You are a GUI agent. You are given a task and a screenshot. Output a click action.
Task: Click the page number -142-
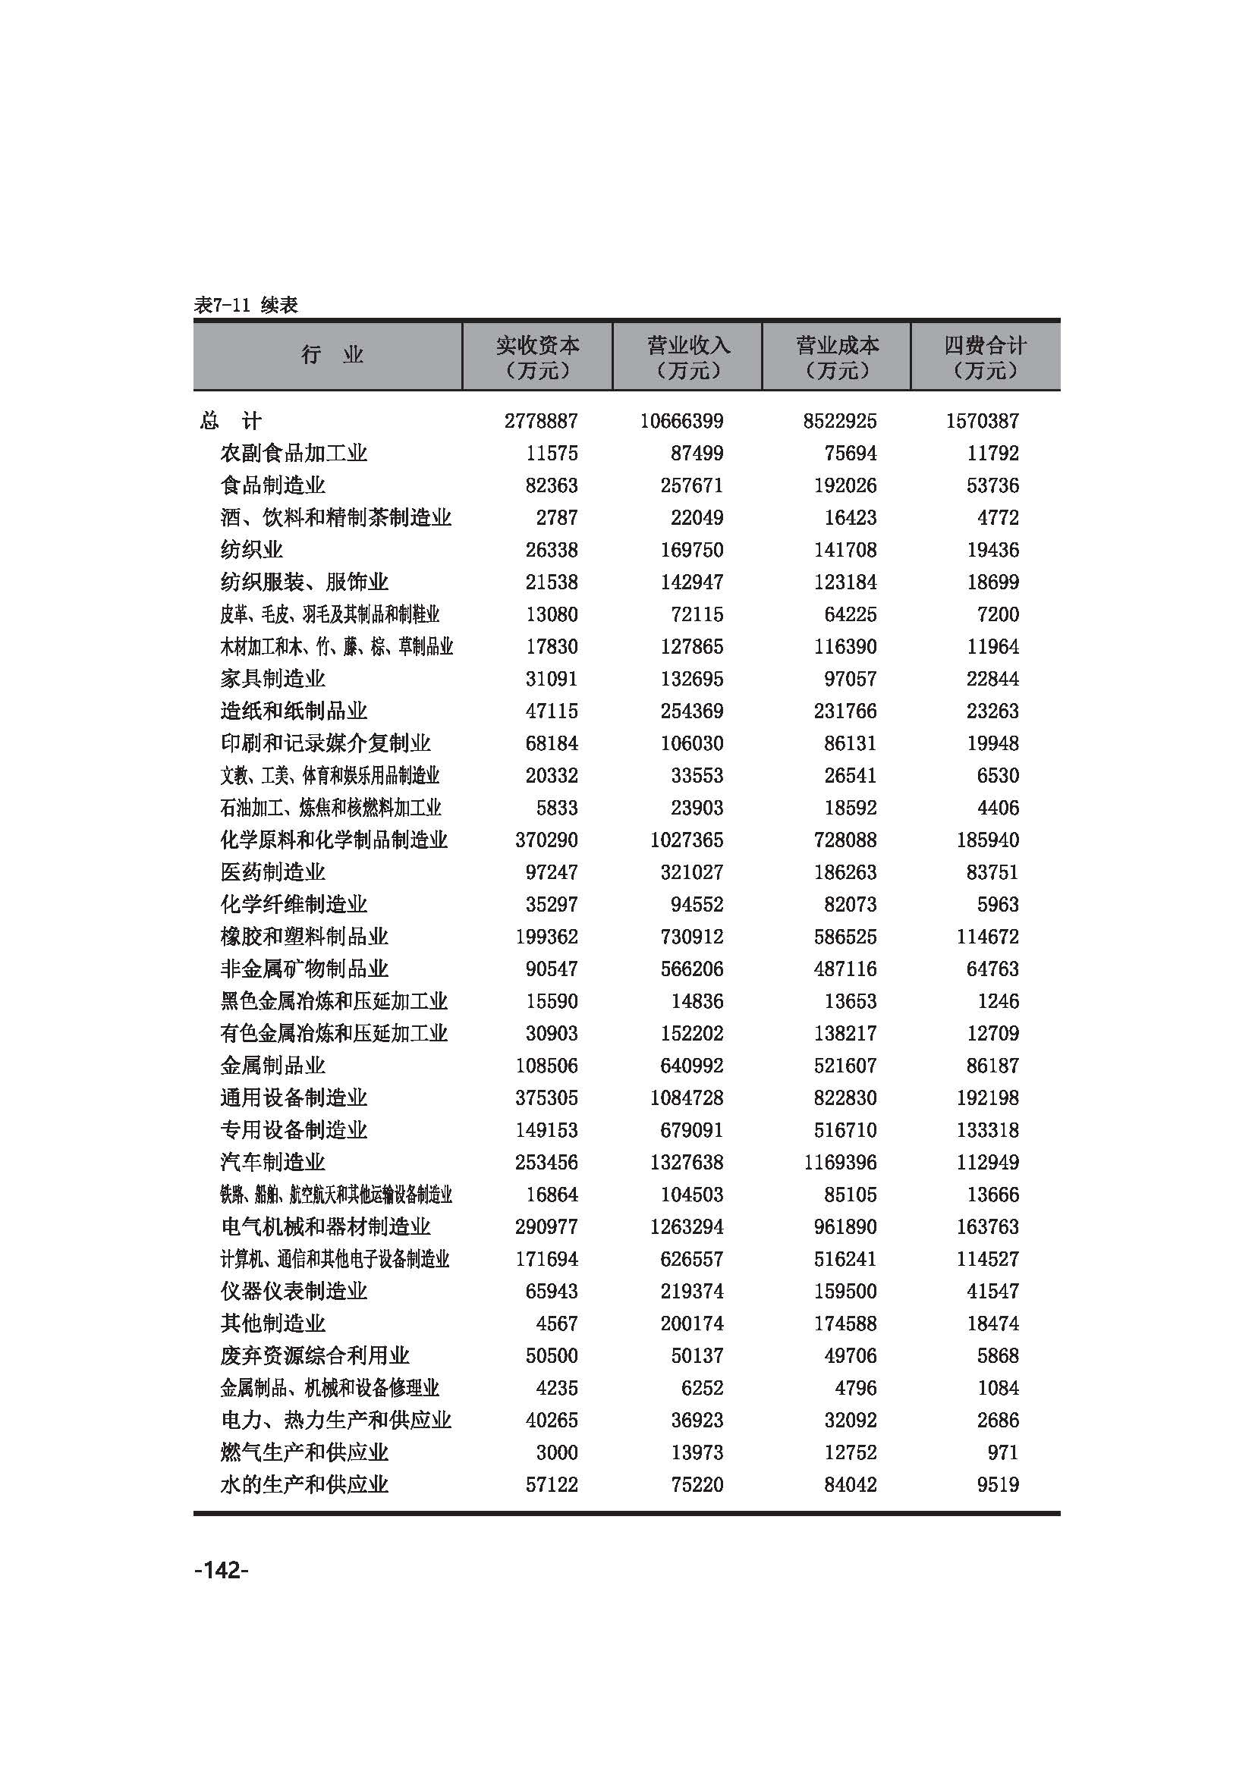(x=221, y=1571)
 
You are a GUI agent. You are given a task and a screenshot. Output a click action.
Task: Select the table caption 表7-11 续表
(x=246, y=305)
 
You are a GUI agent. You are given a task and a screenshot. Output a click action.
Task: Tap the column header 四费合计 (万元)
(x=986, y=357)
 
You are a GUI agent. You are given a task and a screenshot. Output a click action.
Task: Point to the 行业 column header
(x=332, y=356)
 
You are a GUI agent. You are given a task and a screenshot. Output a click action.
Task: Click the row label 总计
(x=231, y=421)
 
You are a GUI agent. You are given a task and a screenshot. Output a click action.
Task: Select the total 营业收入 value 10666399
(x=681, y=421)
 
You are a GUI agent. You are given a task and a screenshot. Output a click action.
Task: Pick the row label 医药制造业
(x=273, y=872)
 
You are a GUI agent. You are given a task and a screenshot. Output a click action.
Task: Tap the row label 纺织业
(x=251, y=550)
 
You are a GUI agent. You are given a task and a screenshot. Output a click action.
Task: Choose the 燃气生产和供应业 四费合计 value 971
(x=1002, y=1452)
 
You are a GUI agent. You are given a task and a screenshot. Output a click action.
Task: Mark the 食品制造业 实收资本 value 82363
(x=552, y=486)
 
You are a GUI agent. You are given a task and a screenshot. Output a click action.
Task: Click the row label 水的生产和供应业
(x=304, y=1484)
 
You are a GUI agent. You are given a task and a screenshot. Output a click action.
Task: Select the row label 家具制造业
(x=273, y=679)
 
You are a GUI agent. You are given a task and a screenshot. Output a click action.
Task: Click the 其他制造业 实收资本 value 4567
(x=556, y=1323)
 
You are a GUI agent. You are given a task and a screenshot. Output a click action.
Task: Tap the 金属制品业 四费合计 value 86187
(x=992, y=1066)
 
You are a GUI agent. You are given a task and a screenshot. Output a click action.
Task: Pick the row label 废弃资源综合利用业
(x=315, y=1356)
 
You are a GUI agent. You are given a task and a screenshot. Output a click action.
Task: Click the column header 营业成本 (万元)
(x=837, y=357)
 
